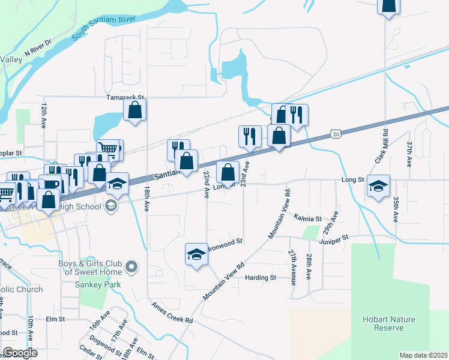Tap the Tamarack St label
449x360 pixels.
coord(125,97)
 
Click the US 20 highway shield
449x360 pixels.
coord(335,133)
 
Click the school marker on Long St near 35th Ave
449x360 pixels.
coord(379,186)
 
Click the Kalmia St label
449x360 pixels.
coord(307,218)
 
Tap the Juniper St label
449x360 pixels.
coord(334,239)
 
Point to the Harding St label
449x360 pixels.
coord(261,277)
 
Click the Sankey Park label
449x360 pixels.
coord(99,284)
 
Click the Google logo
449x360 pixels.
coord(20,353)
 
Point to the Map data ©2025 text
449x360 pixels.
coord(423,355)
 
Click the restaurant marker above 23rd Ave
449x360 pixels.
coord(250,136)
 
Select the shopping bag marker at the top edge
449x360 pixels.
coord(388,5)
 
